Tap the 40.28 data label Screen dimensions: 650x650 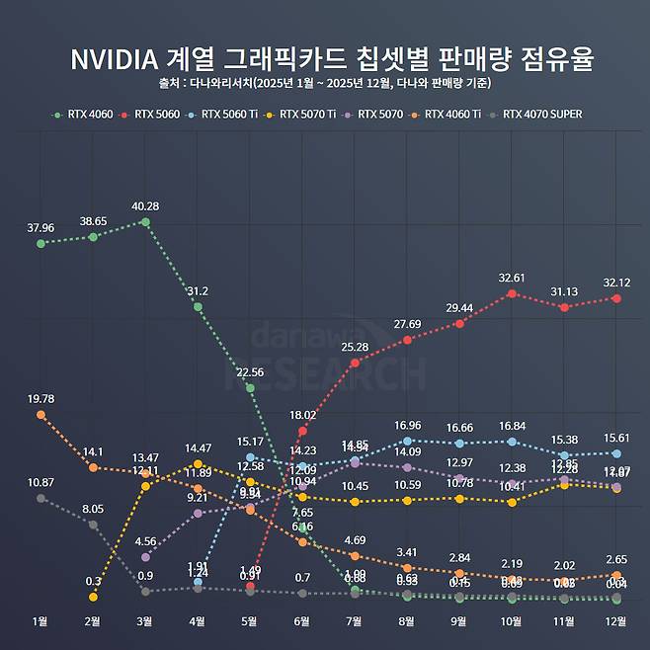[145, 205]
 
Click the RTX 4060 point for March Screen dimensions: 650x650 [145, 222]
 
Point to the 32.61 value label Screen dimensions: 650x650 [512, 278]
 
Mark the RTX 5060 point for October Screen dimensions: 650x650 [512, 293]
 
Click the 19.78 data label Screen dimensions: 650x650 [41, 398]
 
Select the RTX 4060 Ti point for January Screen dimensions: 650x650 [41, 415]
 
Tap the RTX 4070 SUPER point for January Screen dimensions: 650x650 [41, 498]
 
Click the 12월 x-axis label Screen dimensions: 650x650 [616, 620]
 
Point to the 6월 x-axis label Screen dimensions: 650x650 [302, 620]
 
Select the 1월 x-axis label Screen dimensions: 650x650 [41, 620]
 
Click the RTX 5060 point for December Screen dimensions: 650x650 [616, 297]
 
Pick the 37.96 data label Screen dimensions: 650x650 [41, 226]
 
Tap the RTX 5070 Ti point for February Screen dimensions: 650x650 [93, 597]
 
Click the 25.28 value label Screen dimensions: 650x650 [355, 347]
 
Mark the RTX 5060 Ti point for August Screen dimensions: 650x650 [407, 441]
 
